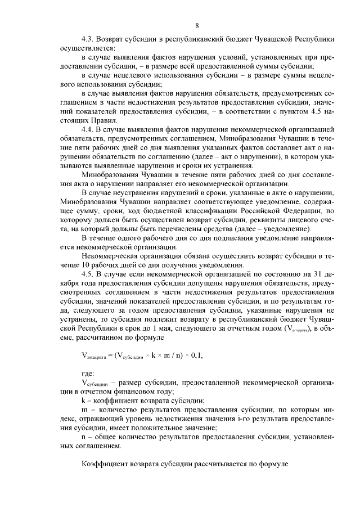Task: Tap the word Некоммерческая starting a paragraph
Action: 112,257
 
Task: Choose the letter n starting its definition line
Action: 84,436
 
